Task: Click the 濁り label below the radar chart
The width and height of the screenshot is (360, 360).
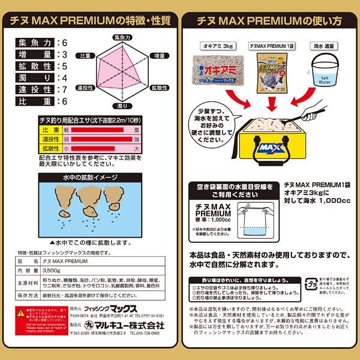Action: coord(121,106)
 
